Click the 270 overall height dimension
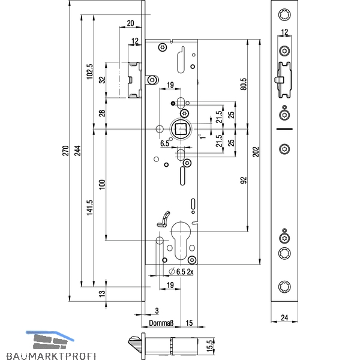tap(65, 151)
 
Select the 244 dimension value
tap(77, 151)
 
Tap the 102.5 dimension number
tap(90, 71)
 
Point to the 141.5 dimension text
tap(90, 208)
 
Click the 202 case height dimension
tap(256, 152)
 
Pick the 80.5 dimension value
tap(244, 84)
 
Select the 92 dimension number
tap(244, 180)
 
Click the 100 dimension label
tap(102, 184)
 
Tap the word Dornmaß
tap(161, 323)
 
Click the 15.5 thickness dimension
tap(210, 346)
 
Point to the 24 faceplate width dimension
tap(284, 317)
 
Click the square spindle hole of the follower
tap(181, 129)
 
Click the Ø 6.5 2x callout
tap(181, 272)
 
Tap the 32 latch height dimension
tap(102, 80)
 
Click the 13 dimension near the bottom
tap(102, 293)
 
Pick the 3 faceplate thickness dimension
tap(157, 311)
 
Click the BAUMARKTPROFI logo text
tap(51, 356)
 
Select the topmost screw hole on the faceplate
tap(284, 14)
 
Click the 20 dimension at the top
tap(130, 23)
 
